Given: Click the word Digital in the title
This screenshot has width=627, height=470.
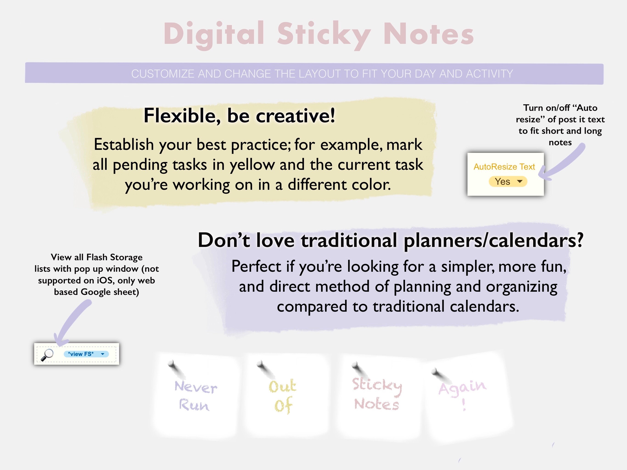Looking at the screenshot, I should [x=214, y=34].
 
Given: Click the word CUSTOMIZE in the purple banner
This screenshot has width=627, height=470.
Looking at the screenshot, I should [x=163, y=74].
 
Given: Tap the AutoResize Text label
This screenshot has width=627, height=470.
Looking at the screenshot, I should [x=504, y=167].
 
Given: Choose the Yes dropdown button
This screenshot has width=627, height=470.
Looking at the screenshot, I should [x=508, y=182].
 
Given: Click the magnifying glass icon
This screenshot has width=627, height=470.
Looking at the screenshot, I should [x=47, y=355].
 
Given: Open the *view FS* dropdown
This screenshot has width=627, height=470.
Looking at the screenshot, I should [x=86, y=354].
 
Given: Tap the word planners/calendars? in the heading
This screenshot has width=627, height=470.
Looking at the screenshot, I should [x=493, y=240].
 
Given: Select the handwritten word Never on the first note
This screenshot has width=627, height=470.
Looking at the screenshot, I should [x=196, y=387].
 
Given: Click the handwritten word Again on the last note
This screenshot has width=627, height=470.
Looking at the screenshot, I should [x=462, y=387].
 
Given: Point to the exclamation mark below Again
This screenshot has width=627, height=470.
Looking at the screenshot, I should [x=464, y=405].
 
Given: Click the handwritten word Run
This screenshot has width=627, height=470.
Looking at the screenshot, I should [x=194, y=405].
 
